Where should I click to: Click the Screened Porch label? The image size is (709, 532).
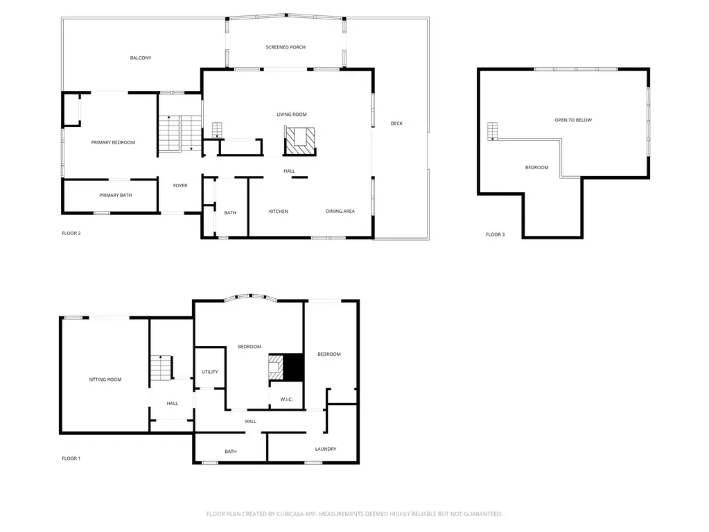tap(286, 47)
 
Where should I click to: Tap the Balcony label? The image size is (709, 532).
tap(141, 58)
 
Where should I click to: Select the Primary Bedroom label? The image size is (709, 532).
tap(113, 142)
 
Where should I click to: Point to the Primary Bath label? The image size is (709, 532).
tap(116, 196)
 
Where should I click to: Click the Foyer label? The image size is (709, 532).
tap(180, 185)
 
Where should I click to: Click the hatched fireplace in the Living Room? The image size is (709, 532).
tap(299, 141)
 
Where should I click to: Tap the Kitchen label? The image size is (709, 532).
tap(279, 212)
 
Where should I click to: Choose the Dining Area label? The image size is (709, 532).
tap(340, 212)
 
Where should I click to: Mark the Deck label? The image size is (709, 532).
tap(396, 123)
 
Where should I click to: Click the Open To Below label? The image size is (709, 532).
tap(573, 120)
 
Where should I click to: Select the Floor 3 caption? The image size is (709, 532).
tap(495, 234)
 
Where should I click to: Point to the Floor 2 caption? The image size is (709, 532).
tap(71, 234)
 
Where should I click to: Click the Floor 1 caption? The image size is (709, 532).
tap(71, 458)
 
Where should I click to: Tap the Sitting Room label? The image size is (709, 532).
tap(105, 379)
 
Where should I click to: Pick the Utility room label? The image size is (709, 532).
tap(210, 372)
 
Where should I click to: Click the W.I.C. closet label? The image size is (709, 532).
tap(286, 400)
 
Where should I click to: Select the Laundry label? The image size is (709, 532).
tap(326, 449)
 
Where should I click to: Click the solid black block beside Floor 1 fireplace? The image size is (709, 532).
tap(293, 368)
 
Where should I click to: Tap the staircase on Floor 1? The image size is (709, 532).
tap(161, 368)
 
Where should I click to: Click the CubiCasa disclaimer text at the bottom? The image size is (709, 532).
tap(354, 514)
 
